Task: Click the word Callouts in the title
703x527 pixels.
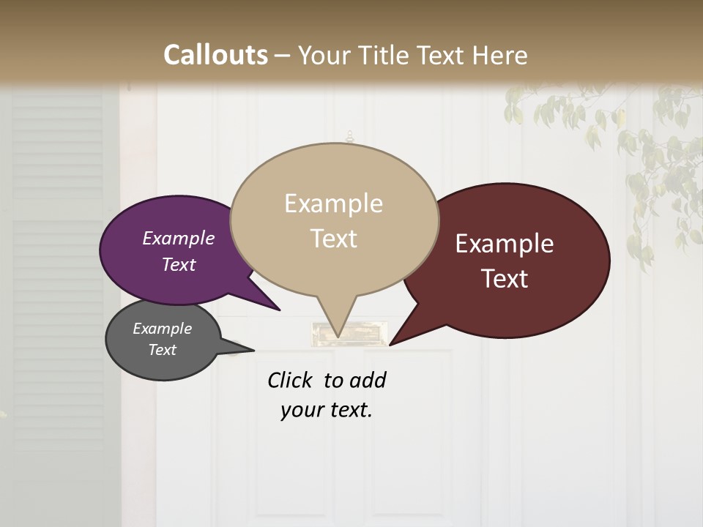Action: (x=215, y=55)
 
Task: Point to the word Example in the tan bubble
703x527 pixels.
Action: (x=334, y=203)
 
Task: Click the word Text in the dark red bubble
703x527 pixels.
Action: (x=505, y=278)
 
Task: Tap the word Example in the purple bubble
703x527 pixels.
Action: (x=178, y=238)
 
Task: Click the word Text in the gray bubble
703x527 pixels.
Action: (x=163, y=350)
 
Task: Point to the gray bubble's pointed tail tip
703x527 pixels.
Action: (x=253, y=350)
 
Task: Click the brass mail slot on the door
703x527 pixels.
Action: (x=347, y=334)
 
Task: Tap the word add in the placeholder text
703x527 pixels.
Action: (x=368, y=380)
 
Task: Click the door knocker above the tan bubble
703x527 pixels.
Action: (x=349, y=137)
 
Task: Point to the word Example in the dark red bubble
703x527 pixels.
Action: (x=505, y=243)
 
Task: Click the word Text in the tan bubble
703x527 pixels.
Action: (x=334, y=238)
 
